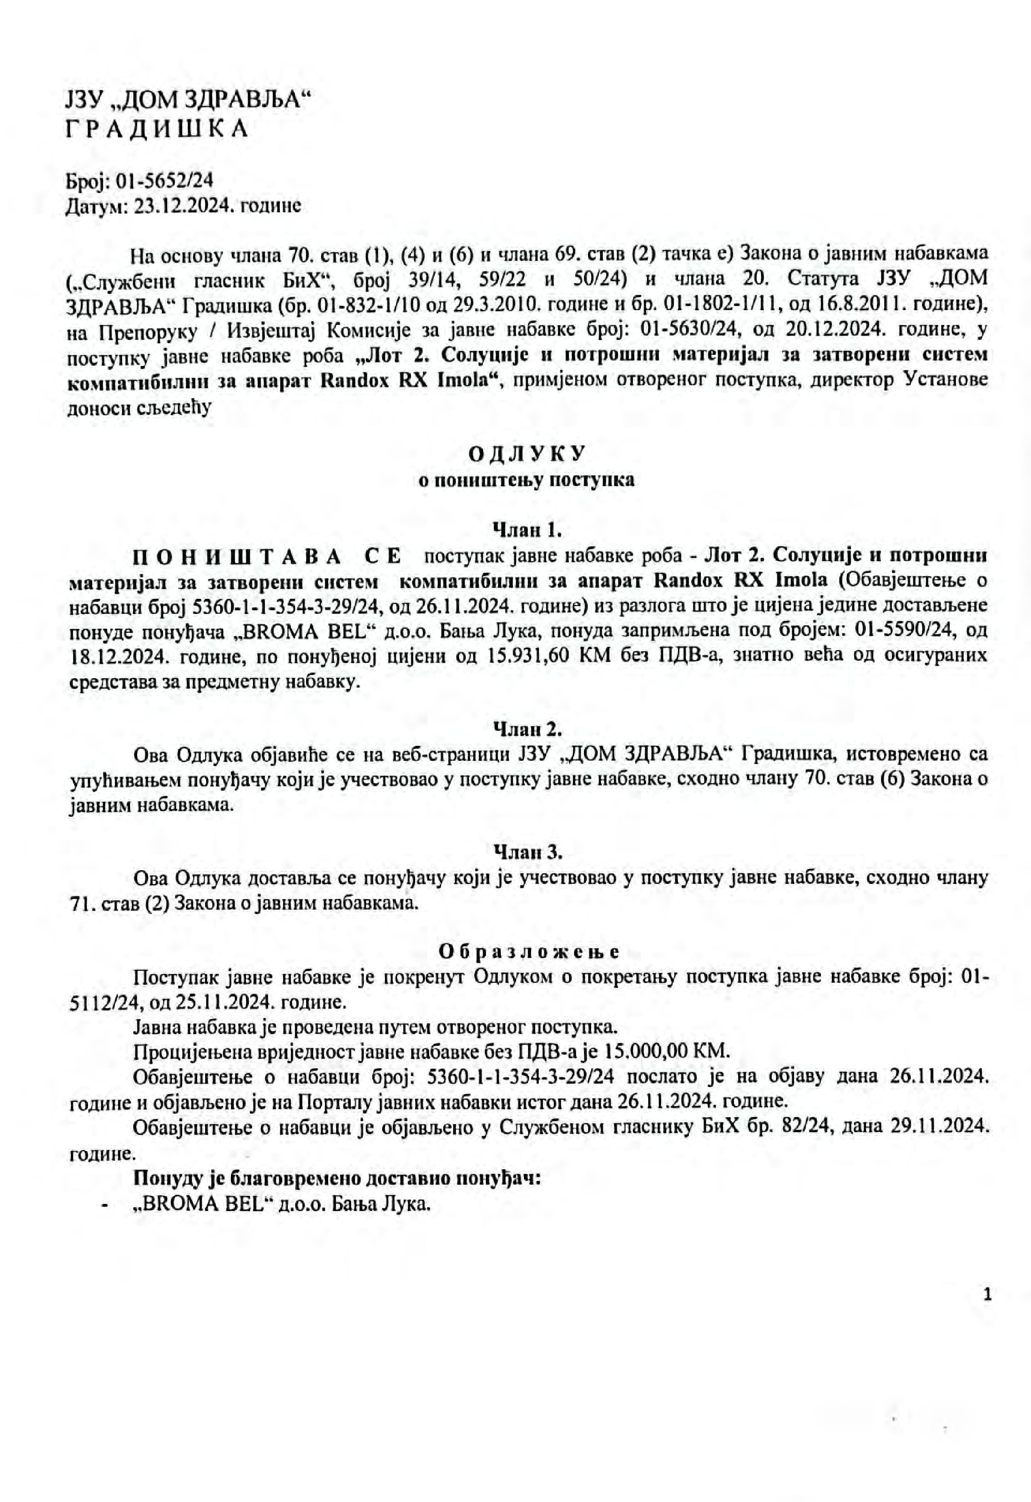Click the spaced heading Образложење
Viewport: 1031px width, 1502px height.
point(529,952)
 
